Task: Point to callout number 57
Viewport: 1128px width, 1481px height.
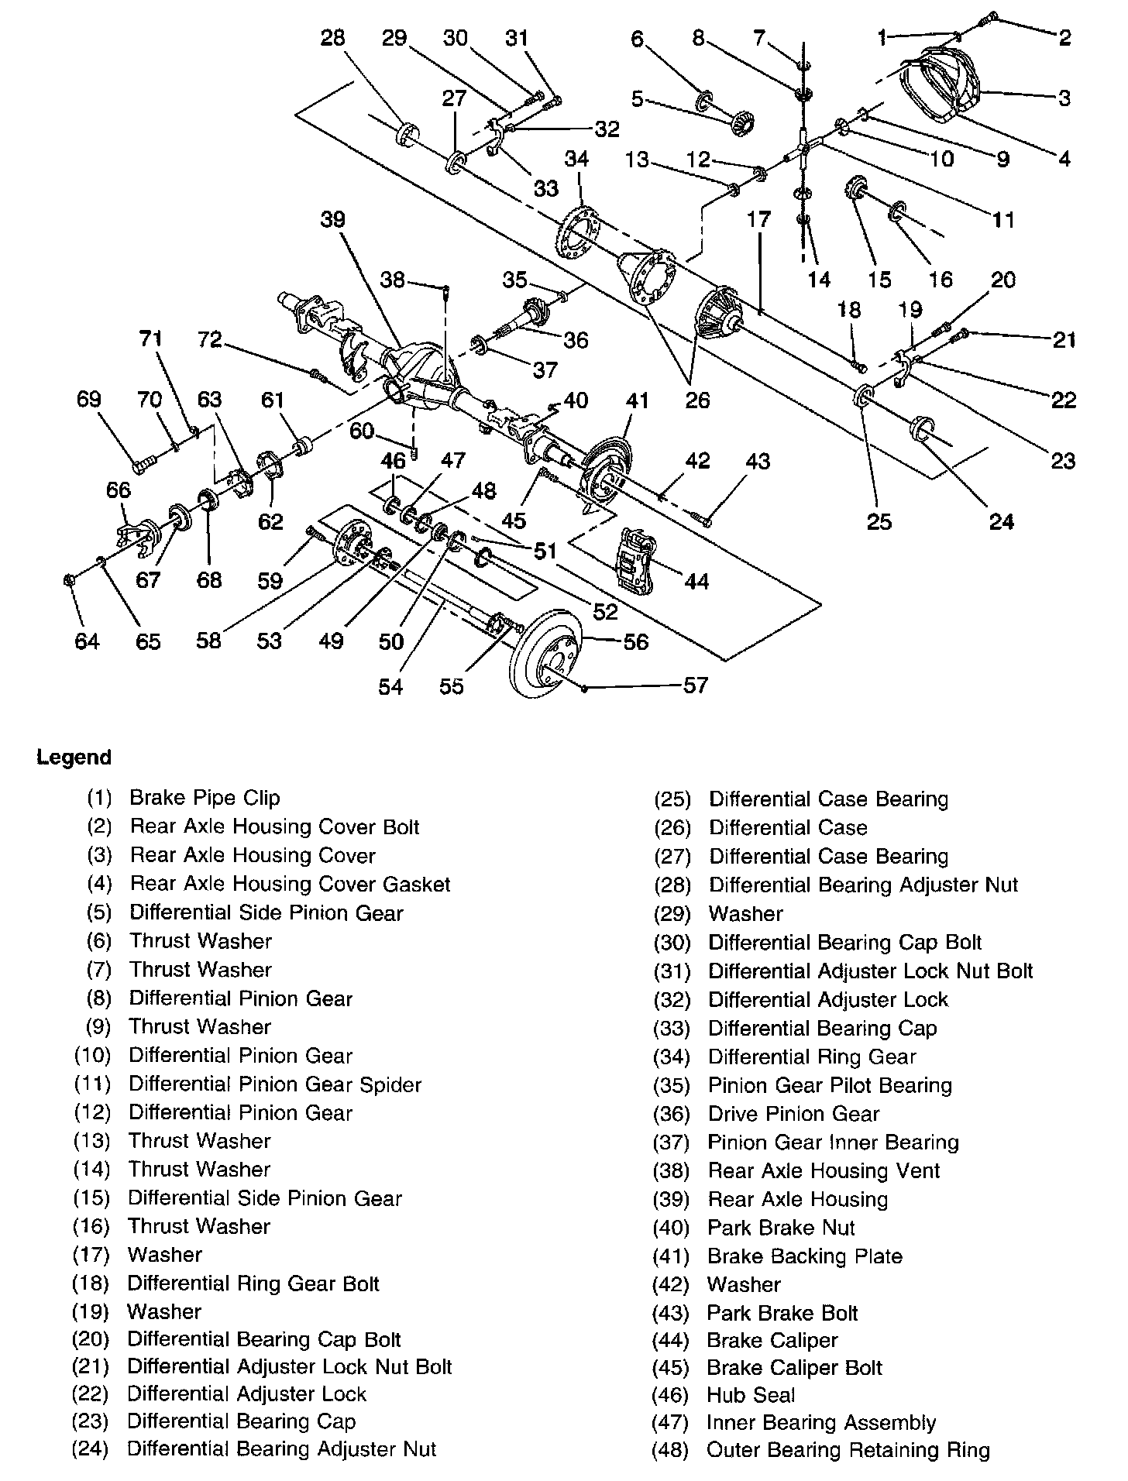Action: [x=695, y=685]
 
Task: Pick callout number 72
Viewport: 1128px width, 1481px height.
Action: [x=210, y=340]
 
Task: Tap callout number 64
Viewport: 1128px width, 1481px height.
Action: [x=87, y=641]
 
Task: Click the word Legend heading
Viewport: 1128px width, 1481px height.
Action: [x=74, y=757]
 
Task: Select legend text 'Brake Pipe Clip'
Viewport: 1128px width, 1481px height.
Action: [x=205, y=798]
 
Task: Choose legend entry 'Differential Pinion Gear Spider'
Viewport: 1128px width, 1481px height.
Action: [x=275, y=1084]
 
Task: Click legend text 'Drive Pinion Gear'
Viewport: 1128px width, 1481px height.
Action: [x=793, y=1114]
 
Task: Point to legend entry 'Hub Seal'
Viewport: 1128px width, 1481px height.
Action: [x=751, y=1395]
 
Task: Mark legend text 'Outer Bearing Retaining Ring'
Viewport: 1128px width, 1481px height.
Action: [x=848, y=1450]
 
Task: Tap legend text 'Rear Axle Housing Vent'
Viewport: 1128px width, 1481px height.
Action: [x=824, y=1170]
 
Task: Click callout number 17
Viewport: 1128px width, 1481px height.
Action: [x=758, y=220]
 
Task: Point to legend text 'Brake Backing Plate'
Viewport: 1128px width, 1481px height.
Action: [x=805, y=1256]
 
